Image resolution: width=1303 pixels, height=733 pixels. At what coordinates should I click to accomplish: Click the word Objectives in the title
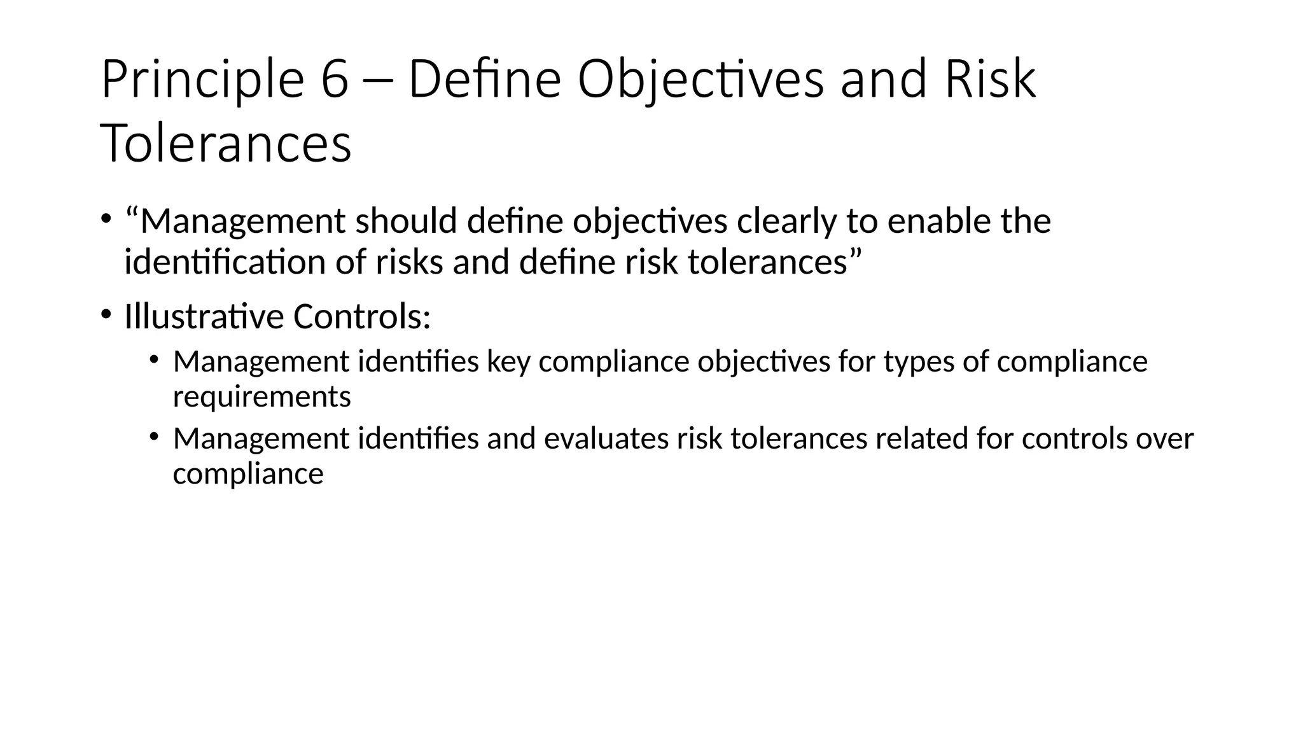(700, 80)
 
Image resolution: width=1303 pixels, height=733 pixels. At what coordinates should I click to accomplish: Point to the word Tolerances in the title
(226, 144)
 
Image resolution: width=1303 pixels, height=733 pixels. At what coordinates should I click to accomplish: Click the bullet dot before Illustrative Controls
(106, 314)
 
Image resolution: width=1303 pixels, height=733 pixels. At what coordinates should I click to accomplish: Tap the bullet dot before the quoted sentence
(106, 218)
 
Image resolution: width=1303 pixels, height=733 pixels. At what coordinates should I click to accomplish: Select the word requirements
(261, 397)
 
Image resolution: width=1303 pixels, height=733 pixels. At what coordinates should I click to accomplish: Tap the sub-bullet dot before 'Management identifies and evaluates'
(154, 436)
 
